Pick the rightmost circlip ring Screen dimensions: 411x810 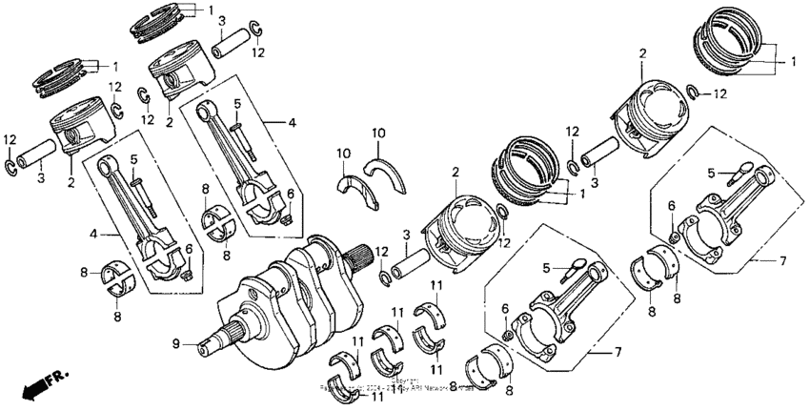(695, 92)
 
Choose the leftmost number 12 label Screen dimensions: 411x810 (10, 141)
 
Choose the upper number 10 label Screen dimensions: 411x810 (378, 132)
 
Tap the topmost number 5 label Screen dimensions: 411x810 (237, 103)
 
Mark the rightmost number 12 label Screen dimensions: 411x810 (719, 93)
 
